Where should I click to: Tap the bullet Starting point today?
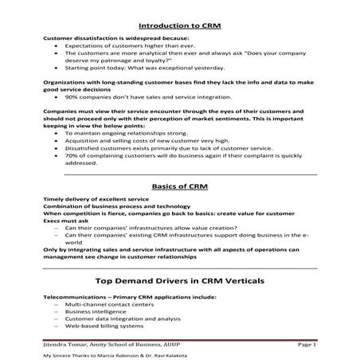click(115, 68)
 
